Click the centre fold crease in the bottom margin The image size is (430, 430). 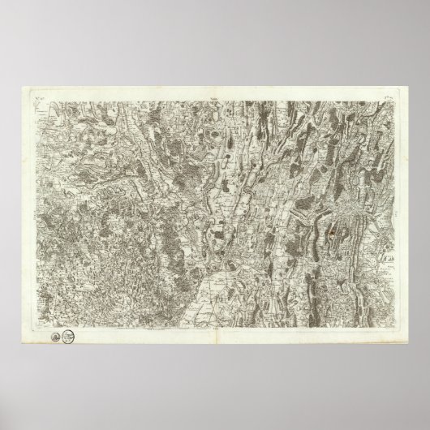(215, 341)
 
